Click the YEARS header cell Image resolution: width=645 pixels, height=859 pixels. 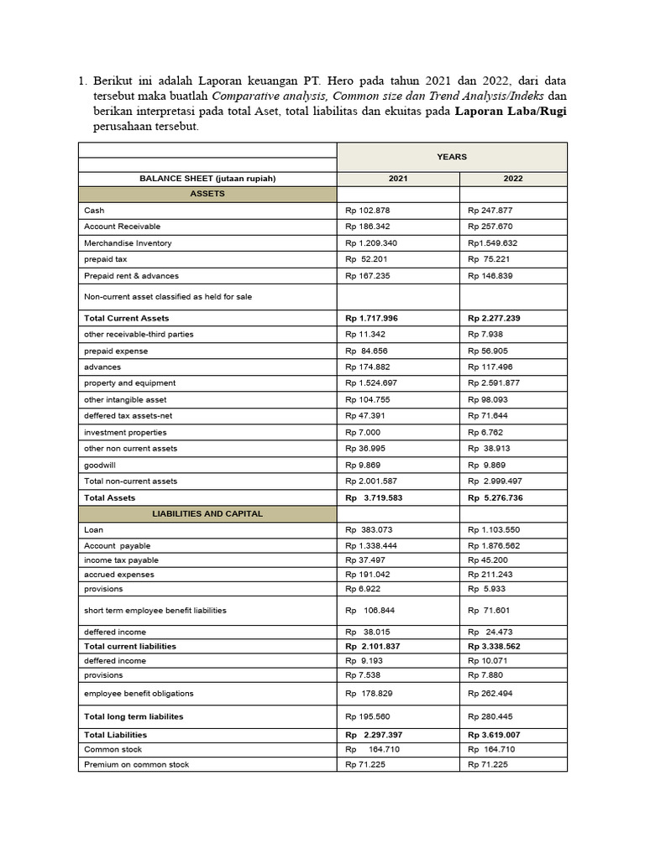[x=452, y=157]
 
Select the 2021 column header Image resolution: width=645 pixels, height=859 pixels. [x=398, y=179]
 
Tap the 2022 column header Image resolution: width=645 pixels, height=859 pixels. [x=513, y=179]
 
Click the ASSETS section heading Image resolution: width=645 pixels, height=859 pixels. [x=207, y=194]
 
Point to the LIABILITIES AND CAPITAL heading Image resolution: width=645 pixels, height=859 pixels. [x=207, y=513]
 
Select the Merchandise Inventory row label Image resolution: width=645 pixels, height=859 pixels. [x=128, y=243]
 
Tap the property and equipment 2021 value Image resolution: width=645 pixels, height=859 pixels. [x=373, y=383]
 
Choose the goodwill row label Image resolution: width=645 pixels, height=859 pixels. [x=100, y=465]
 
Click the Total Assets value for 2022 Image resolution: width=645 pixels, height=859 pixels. [x=501, y=497]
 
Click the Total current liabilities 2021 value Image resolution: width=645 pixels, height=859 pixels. [x=375, y=647]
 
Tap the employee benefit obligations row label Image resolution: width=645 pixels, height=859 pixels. [x=139, y=694]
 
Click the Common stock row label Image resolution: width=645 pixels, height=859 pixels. [x=113, y=749]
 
